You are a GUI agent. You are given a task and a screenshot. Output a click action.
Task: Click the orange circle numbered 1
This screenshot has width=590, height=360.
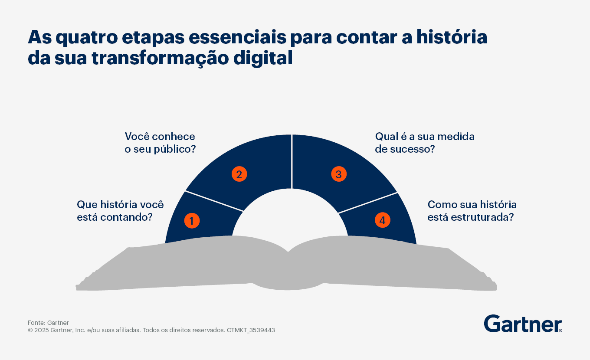tap(192, 220)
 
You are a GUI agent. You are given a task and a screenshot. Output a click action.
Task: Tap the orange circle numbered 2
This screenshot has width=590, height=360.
tap(239, 174)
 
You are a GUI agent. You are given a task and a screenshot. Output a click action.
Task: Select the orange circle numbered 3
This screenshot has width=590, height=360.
tap(339, 174)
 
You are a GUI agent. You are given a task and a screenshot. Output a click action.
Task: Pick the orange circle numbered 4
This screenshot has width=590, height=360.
tap(383, 220)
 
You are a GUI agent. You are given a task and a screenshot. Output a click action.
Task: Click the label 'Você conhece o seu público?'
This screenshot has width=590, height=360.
tap(160, 143)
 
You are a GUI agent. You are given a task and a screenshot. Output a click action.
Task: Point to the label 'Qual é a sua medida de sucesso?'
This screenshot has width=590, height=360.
tap(425, 143)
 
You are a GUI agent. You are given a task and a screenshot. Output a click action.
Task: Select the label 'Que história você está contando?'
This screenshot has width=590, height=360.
tap(120, 211)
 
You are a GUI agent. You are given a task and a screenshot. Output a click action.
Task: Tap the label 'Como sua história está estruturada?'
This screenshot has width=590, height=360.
tap(472, 211)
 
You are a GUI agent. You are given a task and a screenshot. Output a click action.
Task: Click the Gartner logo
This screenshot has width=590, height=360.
tap(523, 324)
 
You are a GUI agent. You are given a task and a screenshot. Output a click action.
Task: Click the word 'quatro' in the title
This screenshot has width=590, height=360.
tap(87, 38)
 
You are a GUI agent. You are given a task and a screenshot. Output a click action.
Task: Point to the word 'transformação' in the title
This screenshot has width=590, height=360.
tap(160, 58)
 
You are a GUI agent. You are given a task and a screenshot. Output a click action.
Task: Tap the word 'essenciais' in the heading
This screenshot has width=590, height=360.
tap(237, 37)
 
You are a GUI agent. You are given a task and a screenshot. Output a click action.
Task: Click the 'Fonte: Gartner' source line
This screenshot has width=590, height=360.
tap(48, 323)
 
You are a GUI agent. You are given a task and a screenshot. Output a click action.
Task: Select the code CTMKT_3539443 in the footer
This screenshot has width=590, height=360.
tap(251, 330)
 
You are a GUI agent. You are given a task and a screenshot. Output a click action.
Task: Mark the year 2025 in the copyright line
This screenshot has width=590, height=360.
tap(41, 330)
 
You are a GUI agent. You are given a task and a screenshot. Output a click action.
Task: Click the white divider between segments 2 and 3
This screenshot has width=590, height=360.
tap(292, 161)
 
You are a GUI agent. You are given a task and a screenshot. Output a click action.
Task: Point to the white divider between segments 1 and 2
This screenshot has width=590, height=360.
tap(214, 201)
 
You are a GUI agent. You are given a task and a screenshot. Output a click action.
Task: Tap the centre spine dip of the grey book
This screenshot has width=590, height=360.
tap(288, 252)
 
